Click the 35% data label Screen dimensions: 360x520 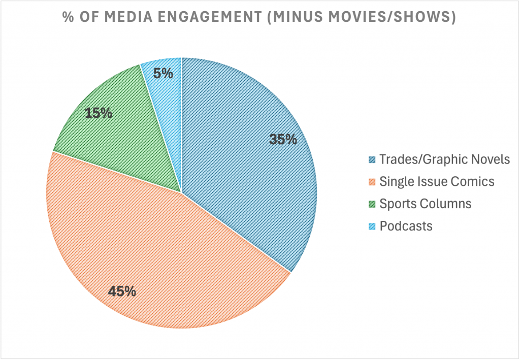[x=283, y=139]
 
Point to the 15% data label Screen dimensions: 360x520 [x=99, y=113]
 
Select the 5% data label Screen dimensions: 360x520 [x=164, y=74]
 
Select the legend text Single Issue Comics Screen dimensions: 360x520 [x=437, y=181]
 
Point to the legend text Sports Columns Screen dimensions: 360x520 [x=426, y=204]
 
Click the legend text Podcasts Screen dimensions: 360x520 [x=406, y=226]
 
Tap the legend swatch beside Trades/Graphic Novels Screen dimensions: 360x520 [x=372, y=160]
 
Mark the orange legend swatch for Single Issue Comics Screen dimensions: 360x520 [x=372, y=182]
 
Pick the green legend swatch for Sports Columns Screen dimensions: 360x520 [x=372, y=204]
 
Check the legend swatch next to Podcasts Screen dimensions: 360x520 [x=372, y=226]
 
